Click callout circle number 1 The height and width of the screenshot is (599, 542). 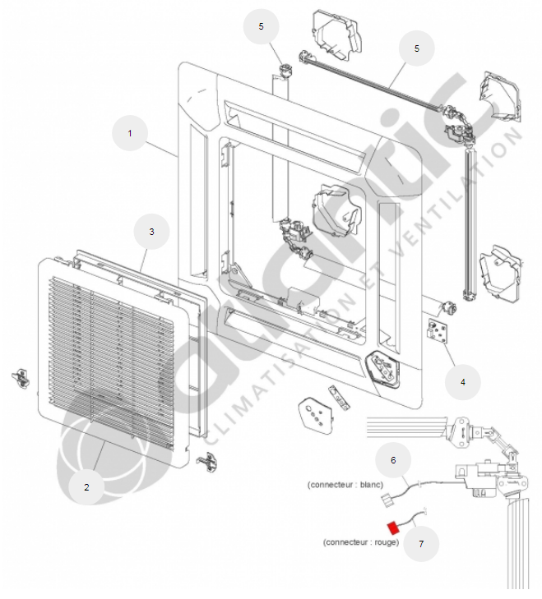(128, 131)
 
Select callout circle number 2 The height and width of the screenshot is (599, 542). (86, 486)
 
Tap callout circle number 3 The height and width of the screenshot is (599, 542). (151, 232)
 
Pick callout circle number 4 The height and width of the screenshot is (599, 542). (462, 381)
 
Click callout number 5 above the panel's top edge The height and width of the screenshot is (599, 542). (262, 26)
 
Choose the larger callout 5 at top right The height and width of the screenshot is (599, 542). (417, 48)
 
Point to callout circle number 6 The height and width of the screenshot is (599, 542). (393, 460)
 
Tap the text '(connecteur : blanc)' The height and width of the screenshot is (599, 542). (345, 484)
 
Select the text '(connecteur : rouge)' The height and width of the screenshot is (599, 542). (361, 542)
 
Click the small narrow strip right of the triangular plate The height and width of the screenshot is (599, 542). (337, 396)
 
